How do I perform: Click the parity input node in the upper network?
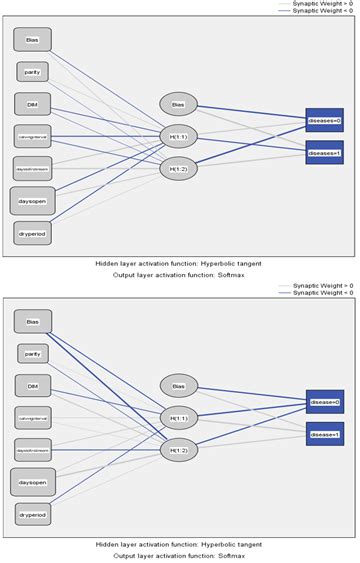(x=33, y=72)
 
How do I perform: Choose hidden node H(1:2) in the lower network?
(x=179, y=450)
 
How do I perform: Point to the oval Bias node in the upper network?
(x=179, y=104)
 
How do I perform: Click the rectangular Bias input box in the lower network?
(x=33, y=320)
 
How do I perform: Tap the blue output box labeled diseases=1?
(x=324, y=153)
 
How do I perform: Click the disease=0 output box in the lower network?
(x=324, y=402)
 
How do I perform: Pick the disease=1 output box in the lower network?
(x=324, y=435)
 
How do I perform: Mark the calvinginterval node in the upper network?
(x=33, y=135)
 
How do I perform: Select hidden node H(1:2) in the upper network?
(x=179, y=168)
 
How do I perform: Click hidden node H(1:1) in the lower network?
(x=179, y=417)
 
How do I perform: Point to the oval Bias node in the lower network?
(x=179, y=385)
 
